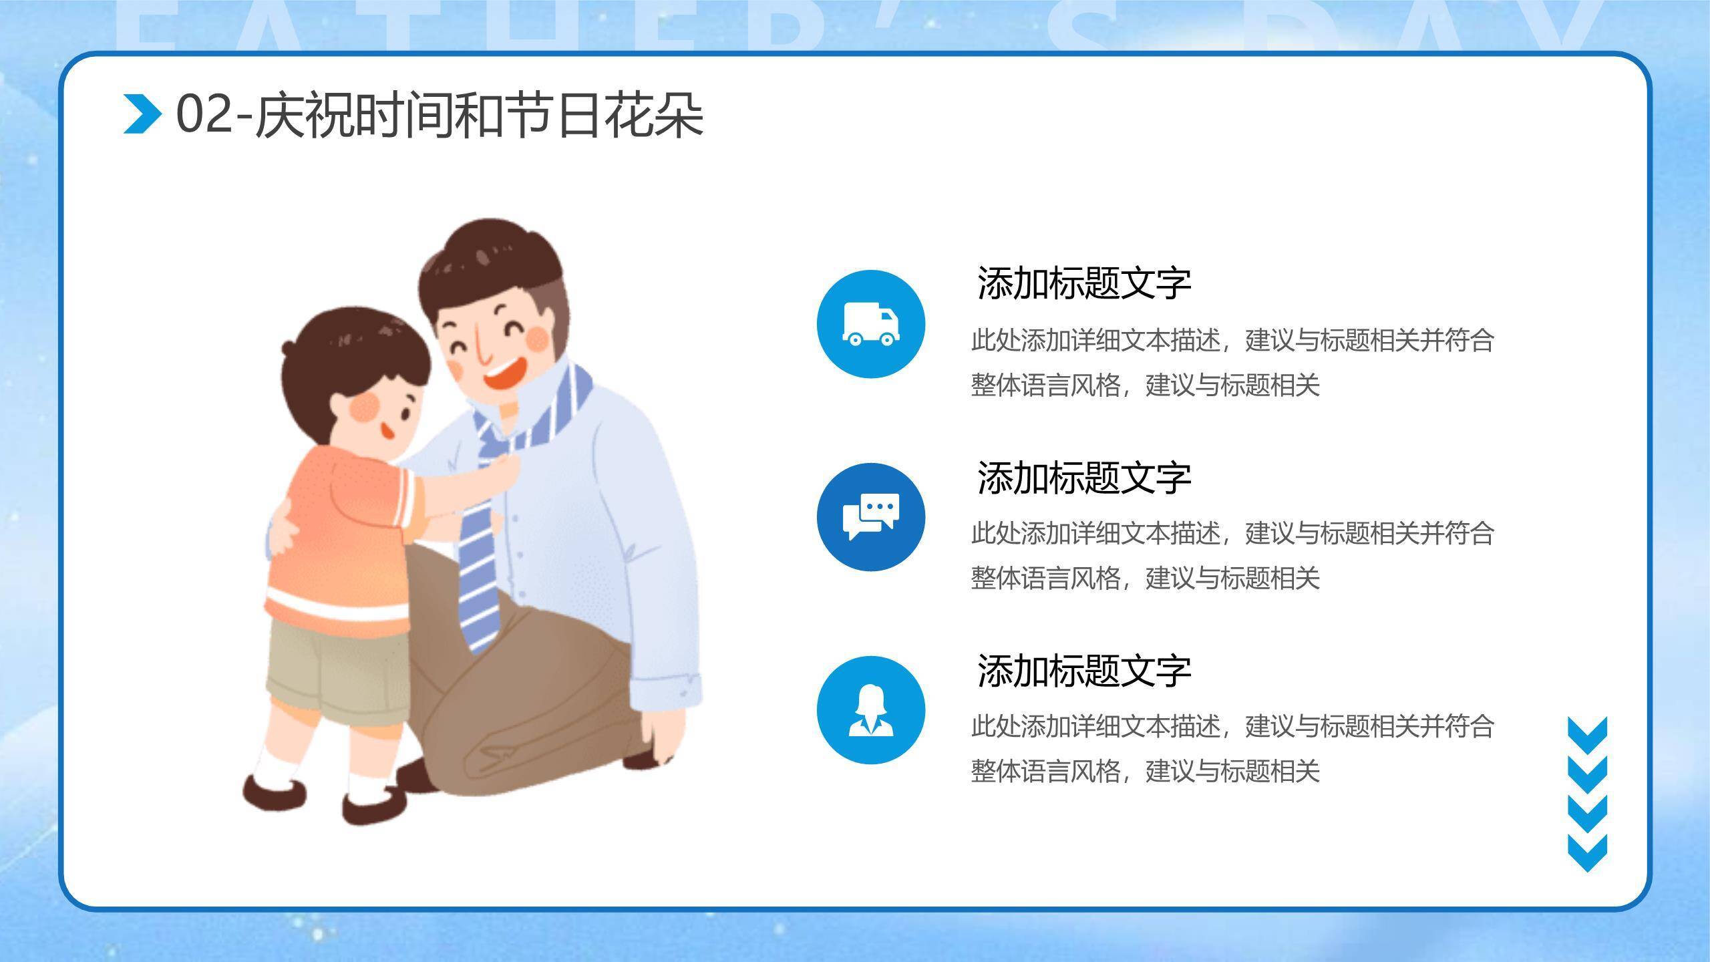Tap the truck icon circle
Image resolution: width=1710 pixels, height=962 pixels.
(x=870, y=324)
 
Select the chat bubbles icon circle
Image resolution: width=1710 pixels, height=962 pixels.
(x=870, y=517)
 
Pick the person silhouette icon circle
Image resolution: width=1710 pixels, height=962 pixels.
(x=870, y=710)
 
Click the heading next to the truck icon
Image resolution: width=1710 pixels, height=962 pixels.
(x=1083, y=283)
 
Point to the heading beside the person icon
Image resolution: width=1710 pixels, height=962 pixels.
(x=1083, y=671)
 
